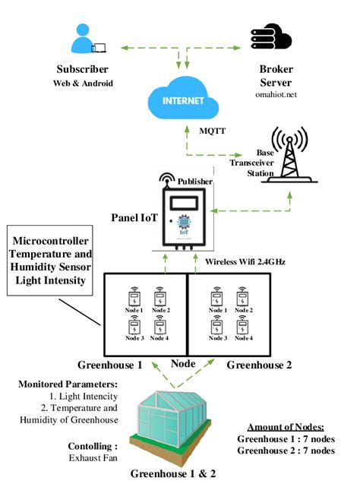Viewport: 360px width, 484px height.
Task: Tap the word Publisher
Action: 195,182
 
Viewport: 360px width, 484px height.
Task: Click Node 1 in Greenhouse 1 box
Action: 134,300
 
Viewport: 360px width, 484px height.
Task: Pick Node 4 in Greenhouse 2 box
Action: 245,327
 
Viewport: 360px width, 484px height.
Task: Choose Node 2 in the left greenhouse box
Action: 160,300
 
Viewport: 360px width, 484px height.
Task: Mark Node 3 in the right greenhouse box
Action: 217,327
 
